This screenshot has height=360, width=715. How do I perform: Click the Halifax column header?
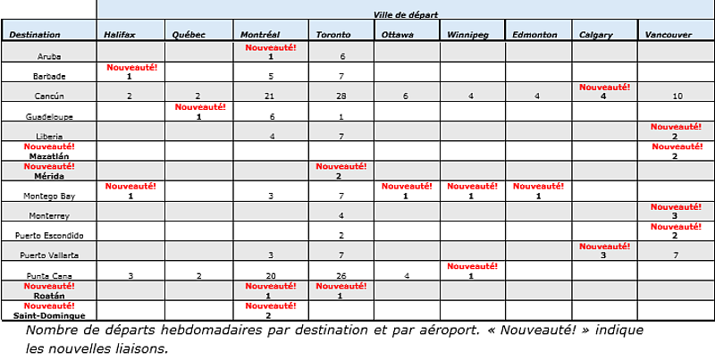(x=120, y=35)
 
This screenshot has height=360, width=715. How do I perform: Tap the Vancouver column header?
(x=668, y=35)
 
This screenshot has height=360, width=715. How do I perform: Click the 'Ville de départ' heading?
(x=404, y=15)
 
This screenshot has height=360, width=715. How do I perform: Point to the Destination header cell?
(x=35, y=35)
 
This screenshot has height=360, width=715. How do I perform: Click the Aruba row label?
(x=48, y=56)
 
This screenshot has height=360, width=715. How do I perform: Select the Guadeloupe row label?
(x=48, y=116)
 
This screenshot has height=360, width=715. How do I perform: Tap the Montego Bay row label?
(x=48, y=196)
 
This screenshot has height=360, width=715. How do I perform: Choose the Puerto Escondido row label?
(x=48, y=236)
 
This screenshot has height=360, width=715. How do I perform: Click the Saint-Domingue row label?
(x=48, y=315)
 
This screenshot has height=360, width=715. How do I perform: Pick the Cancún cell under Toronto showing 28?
(x=342, y=96)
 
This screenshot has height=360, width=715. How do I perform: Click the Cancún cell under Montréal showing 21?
(x=269, y=96)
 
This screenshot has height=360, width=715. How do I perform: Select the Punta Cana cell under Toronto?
(x=342, y=276)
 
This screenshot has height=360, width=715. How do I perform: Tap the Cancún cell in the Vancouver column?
(x=675, y=96)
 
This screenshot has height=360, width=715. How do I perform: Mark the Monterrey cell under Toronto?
(x=342, y=216)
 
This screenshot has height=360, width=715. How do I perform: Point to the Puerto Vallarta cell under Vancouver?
(x=675, y=256)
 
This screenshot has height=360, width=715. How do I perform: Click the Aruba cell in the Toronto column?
(x=342, y=56)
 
